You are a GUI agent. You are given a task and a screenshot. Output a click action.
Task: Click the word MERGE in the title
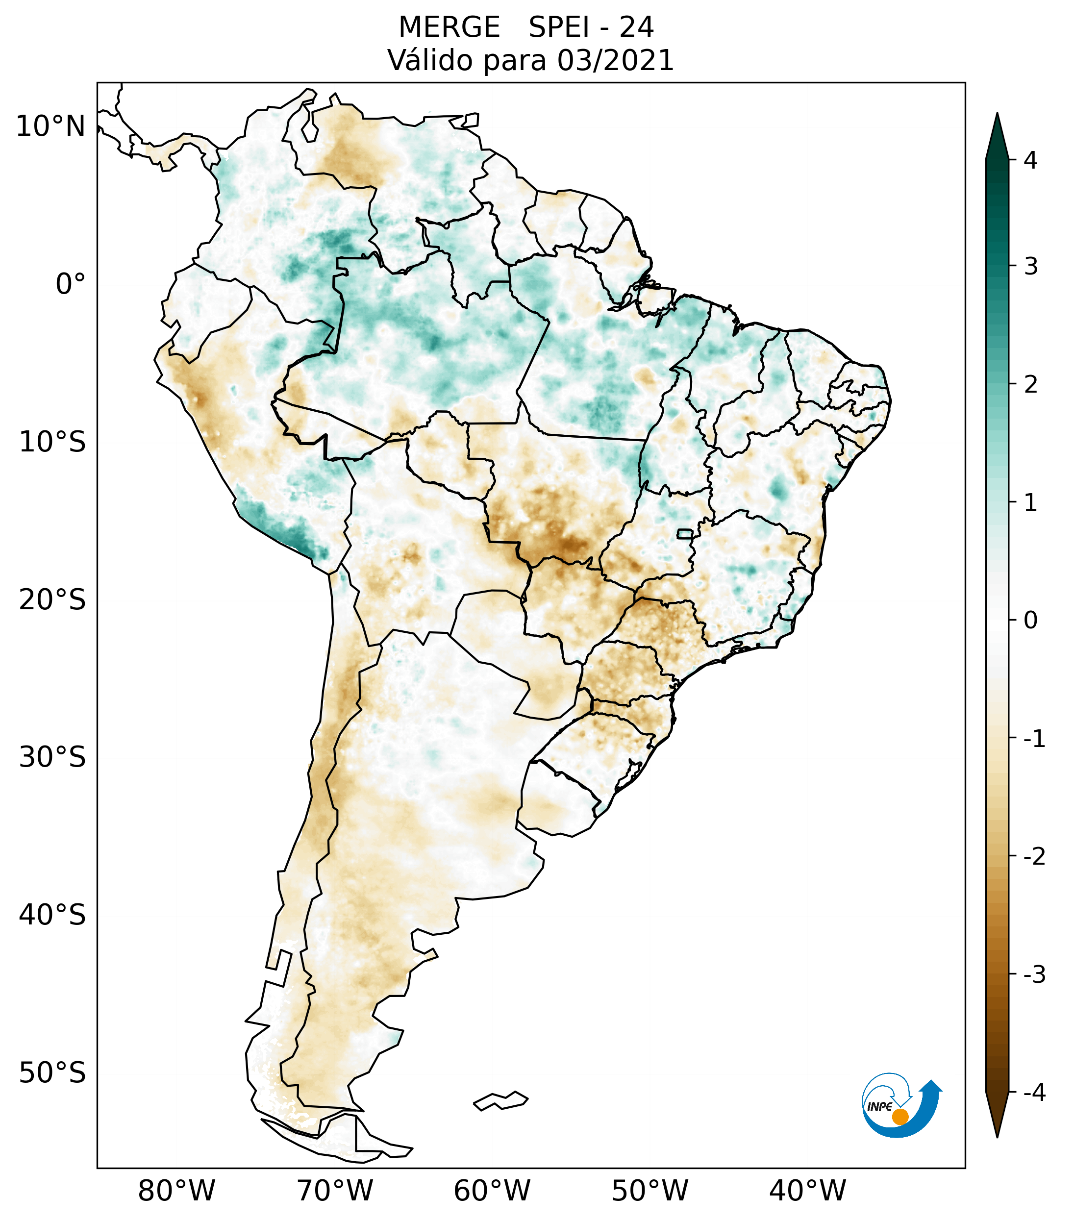[449, 27]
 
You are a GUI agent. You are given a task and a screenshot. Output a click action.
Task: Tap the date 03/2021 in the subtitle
[615, 61]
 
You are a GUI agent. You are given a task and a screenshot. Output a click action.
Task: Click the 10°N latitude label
[50, 126]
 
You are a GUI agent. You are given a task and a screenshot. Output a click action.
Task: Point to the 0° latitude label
[71, 284]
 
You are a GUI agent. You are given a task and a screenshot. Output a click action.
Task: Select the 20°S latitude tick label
[52, 600]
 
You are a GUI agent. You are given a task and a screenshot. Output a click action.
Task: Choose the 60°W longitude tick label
[492, 1191]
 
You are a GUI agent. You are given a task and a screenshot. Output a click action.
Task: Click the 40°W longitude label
[808, 1191]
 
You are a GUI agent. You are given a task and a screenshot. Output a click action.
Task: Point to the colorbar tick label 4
[1030, 160]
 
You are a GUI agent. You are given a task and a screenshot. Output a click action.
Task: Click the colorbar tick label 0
[1030, 621]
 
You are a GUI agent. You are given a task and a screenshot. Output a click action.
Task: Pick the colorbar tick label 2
[1030, 385]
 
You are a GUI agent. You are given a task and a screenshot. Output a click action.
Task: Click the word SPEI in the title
[558, 27]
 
